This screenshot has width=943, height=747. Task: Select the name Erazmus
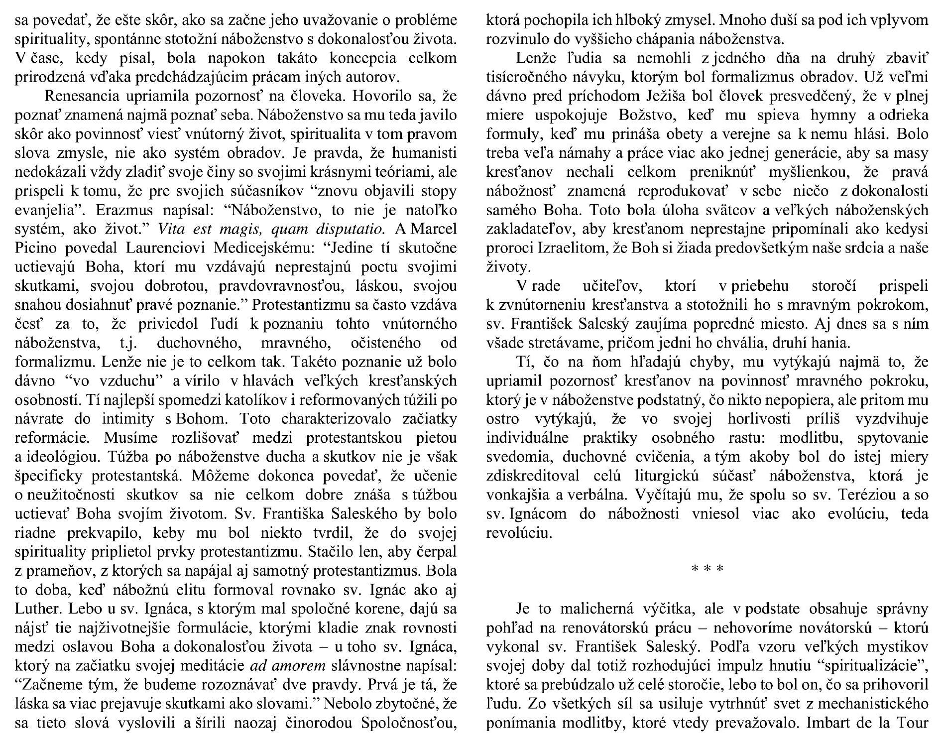point(119,211)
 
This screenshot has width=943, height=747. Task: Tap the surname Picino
point(36,249)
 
